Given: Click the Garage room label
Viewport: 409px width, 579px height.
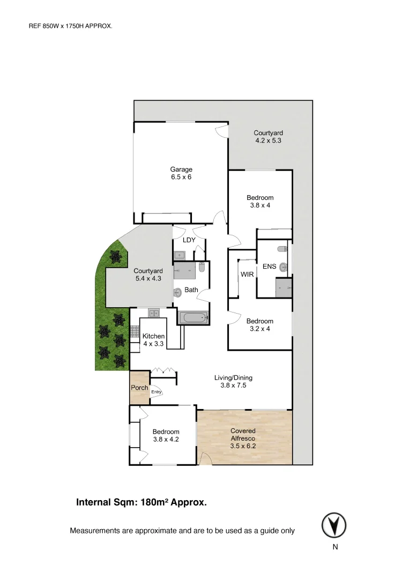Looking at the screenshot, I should coord(181,170).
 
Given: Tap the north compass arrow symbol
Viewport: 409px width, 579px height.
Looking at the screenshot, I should coord(334,525).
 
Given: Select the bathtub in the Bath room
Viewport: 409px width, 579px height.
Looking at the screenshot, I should coord(192,318).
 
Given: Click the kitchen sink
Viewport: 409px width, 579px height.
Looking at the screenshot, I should coord(154,313).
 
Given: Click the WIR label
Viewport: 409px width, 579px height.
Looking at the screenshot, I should coord(247,274).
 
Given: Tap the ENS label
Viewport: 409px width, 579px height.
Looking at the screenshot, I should coord(269,266).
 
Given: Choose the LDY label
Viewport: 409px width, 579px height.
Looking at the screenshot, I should coord(189,240).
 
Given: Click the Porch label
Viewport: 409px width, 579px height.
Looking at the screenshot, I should coord(139,388).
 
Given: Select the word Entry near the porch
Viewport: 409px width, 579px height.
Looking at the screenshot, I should coord(156,392).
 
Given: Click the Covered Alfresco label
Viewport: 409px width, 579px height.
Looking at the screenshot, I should coord(243,434).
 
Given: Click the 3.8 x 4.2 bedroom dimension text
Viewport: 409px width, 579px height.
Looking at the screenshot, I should coord(166,439).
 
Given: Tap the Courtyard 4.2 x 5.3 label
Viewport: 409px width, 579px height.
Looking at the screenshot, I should coord(268,137).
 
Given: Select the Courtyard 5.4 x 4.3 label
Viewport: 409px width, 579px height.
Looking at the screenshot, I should coord(148,274).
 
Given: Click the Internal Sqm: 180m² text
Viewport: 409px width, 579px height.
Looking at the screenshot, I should coord(142,503).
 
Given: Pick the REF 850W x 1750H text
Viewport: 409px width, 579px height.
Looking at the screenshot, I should coord(70,25).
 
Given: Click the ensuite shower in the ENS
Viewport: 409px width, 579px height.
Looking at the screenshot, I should coord(284,288).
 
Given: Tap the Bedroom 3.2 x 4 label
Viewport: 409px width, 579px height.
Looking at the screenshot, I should coord(259,325).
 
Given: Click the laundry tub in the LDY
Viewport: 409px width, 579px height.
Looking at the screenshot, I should coord(180,255).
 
